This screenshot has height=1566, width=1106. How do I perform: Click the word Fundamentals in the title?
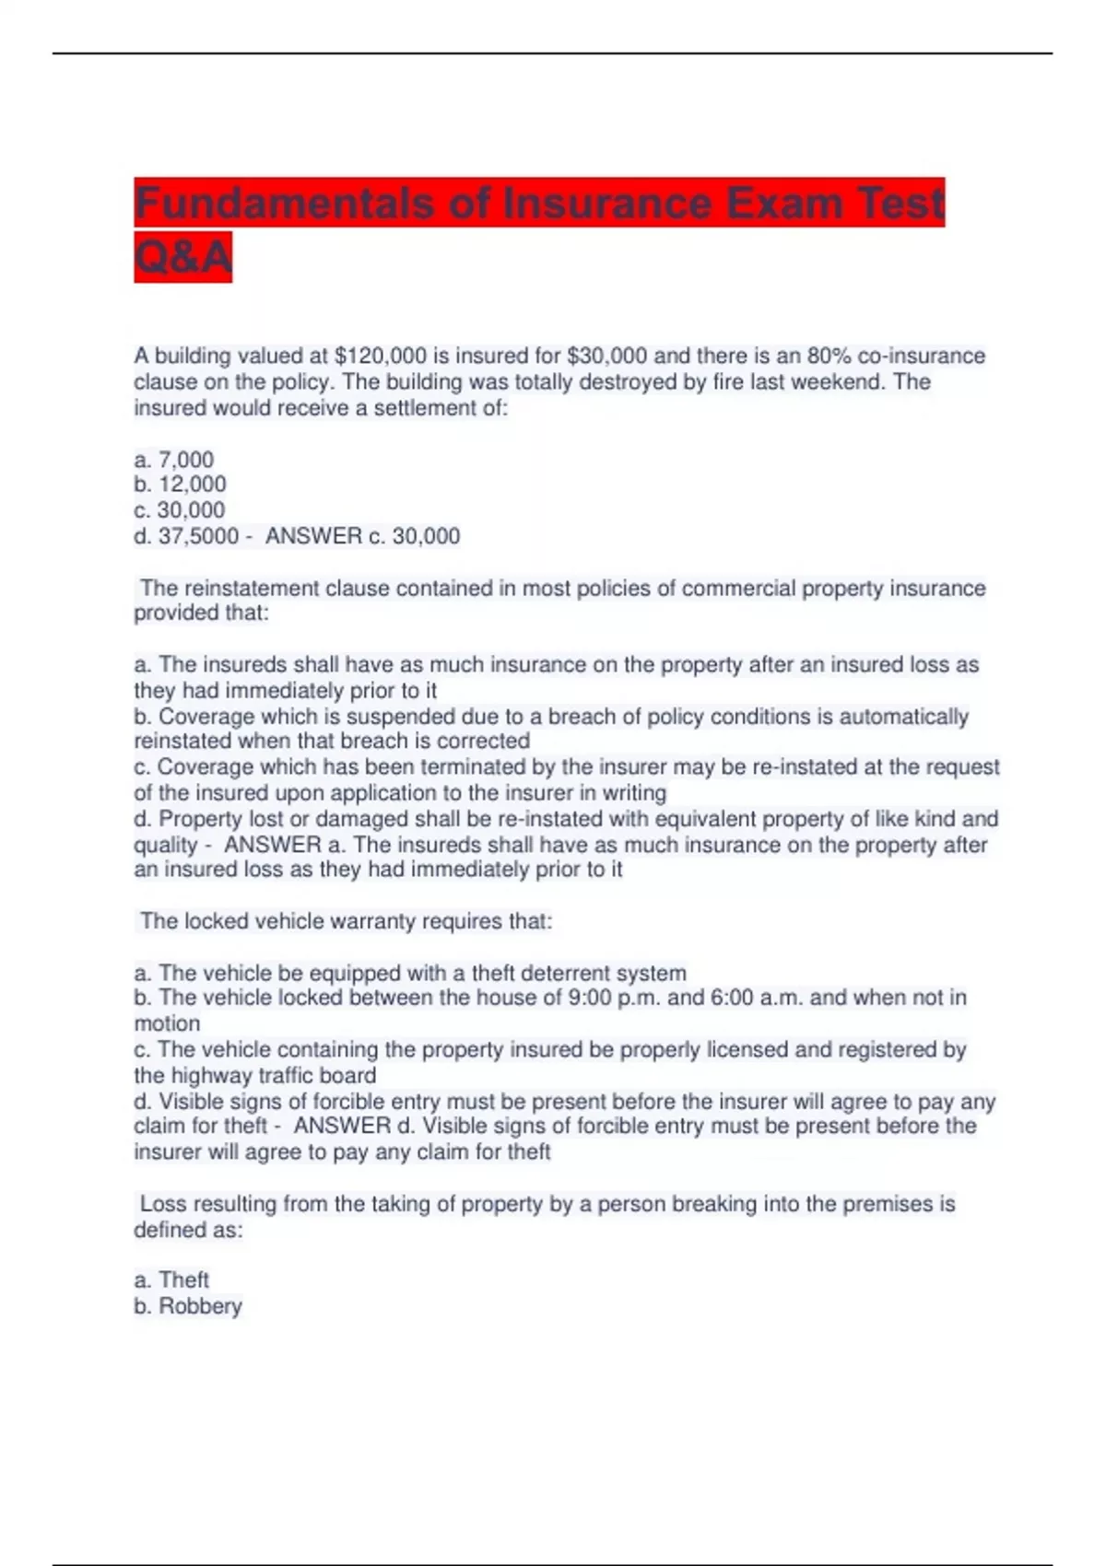click(x=284, y=204)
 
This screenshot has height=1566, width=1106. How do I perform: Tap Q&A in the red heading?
click(x=182, y=257)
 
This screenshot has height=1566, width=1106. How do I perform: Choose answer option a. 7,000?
click(x=174, y=460)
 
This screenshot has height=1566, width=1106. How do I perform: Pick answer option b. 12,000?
click(x=180, y=485)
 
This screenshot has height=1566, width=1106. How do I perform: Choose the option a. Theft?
click(x=171, y=1280)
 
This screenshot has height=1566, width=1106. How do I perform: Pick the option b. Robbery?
click(x=188, y=1306)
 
